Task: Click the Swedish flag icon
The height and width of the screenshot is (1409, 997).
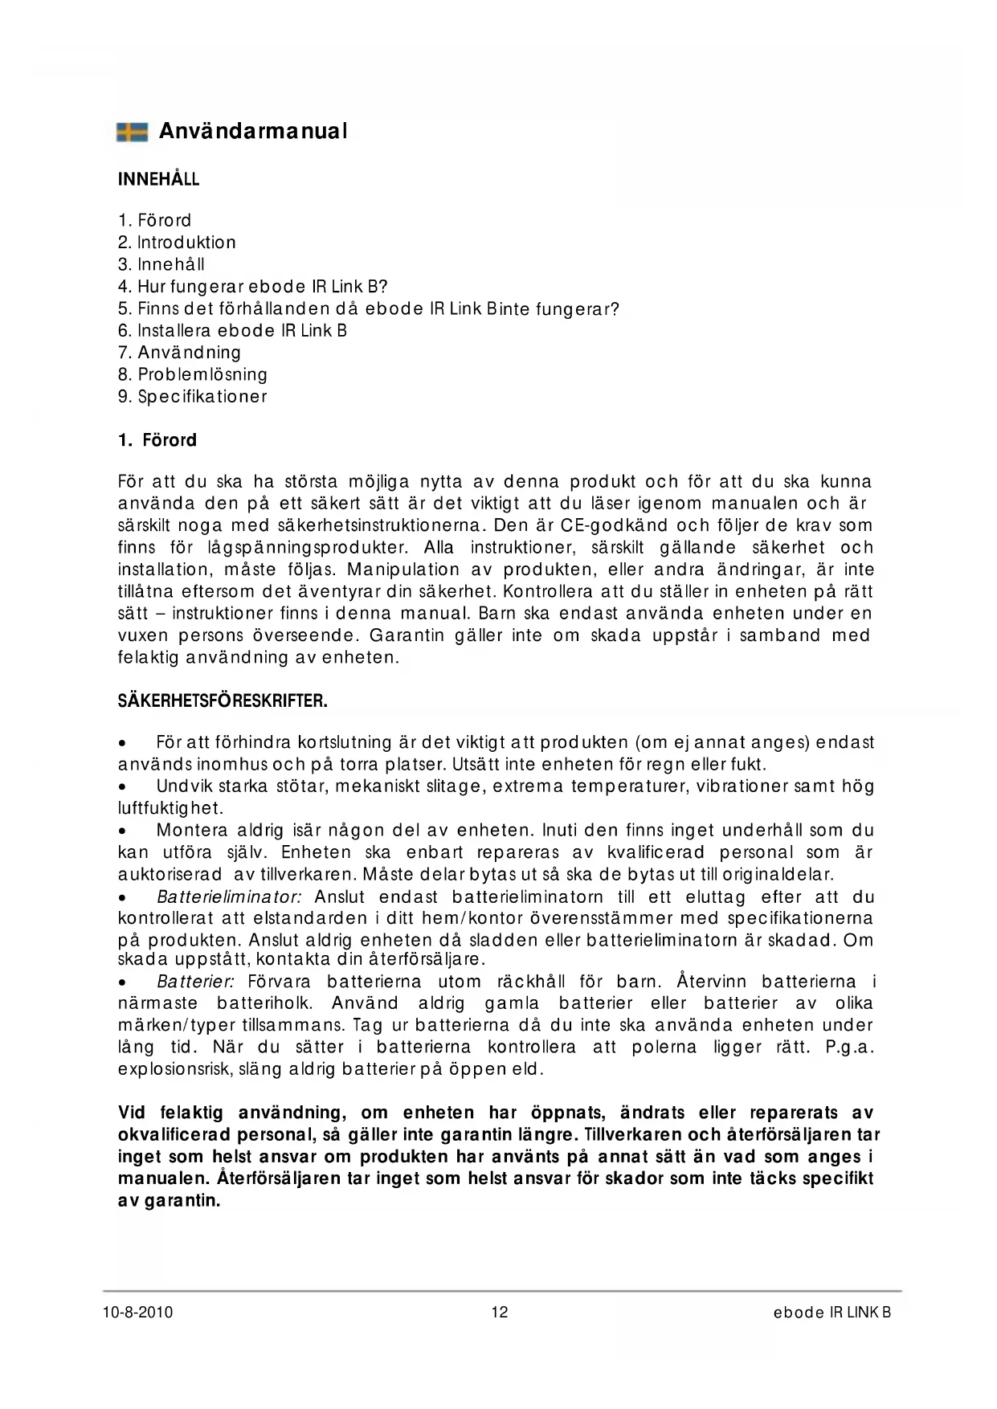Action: click(133, 132)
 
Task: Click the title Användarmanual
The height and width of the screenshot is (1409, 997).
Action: click(253, 131)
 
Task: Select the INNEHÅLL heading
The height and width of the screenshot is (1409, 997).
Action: click(158, 179)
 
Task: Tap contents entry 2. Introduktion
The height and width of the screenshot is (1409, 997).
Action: click(177, 243)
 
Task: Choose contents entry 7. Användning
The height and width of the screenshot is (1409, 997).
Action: click(179, 353)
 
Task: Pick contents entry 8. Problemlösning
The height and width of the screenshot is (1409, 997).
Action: click(193, 374)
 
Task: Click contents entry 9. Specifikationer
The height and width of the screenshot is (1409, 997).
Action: click(193, 397)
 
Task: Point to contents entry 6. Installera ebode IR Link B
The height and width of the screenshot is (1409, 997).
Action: click(232, 331)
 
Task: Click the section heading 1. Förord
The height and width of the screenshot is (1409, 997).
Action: click(157, 440)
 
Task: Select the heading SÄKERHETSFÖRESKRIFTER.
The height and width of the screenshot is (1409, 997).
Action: click(223, 701)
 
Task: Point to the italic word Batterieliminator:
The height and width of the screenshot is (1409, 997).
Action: click(229, 897)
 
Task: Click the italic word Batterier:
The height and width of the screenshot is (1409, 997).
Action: click(195, 982)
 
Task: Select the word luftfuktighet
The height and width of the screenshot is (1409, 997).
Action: click(170, 808)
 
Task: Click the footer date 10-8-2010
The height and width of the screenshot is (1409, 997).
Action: click(138, 1313)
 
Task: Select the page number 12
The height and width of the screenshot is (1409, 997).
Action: click(500, 1313)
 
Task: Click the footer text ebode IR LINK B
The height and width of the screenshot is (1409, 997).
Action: click(832, 1313)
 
